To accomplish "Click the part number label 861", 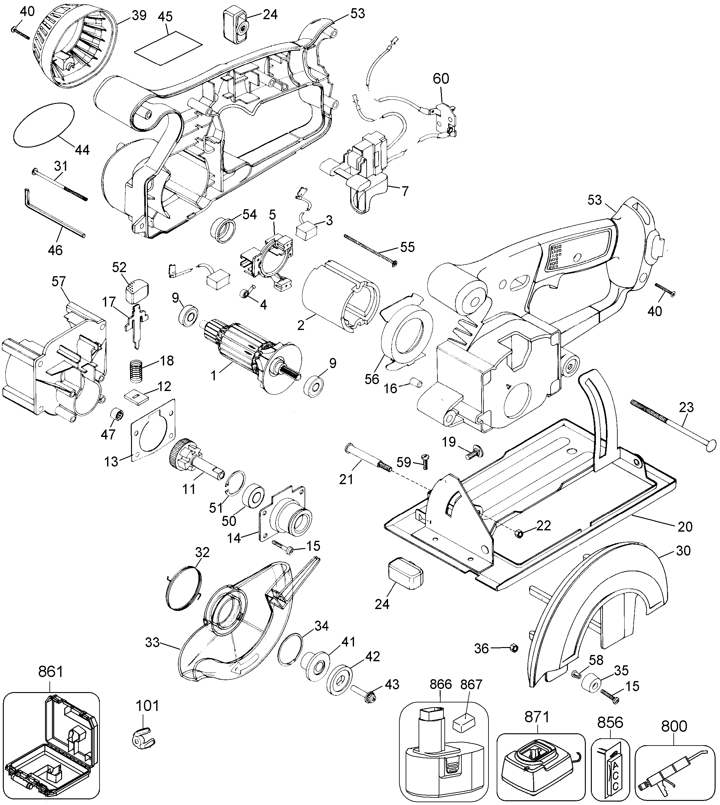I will (x=50, y=671).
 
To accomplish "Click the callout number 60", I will (x=441, y=79).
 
